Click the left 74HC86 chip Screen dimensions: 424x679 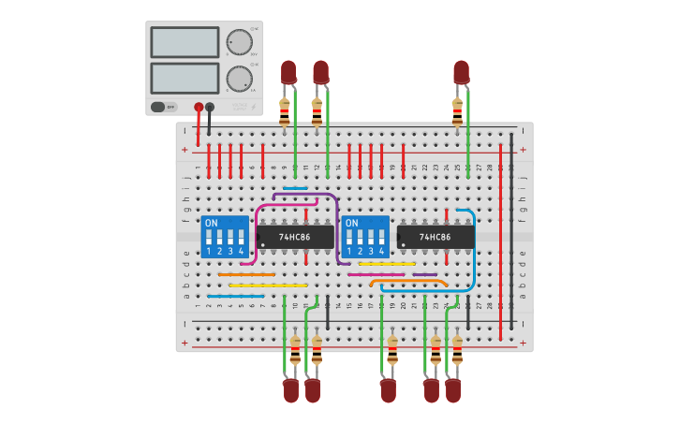tap(295, 237)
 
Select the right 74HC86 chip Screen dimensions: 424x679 tap(435, 237)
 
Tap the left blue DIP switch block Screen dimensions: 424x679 tap(225, 237)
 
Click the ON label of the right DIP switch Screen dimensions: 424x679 tap(352, 223)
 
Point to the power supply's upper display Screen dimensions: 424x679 tap(185, 42)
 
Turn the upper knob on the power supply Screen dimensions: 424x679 tap(239, 42)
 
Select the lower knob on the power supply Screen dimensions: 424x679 tap(239, 79)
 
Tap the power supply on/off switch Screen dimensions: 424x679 tap(163, 107)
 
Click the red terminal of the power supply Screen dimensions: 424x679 tap(199, 107)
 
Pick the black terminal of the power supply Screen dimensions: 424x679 tap(210, 107)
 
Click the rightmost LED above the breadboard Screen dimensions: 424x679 tap(461, 72)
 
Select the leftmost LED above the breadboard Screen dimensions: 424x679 tap(288, 72)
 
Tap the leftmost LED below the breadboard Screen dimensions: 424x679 tap(291, 390)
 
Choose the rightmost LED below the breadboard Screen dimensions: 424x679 tap(453, 390)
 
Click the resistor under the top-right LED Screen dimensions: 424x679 tap(457, 110)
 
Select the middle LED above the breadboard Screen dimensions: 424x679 tap(320, 72)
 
